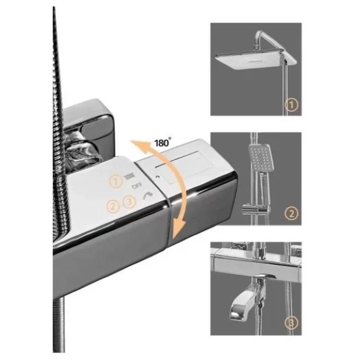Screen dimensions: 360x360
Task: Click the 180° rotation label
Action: pyautogui.click(x=163, y=143)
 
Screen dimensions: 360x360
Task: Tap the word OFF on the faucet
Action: pyautogui.click(x=137, y=185)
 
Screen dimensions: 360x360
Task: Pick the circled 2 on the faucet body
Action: pyautogui.click(x=113, y=206)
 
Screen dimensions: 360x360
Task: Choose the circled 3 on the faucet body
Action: pyautogui.click(x=129, y=202)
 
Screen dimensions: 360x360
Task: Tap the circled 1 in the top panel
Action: pyautogui.click(x=291, y=105)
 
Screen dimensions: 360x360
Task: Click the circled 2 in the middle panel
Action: pyautogui.click(x=291, y=214)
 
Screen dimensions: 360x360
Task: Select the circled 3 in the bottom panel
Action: pyautogui.click(x=291, y=323)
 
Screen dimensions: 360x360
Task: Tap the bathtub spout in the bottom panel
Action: pyautogui.click(x=246, y=303)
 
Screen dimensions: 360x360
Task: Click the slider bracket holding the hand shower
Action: pyautogui.click(x=256, y=208)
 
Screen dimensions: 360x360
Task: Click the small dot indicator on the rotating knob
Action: pyautogui.click(x=157, y=177)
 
